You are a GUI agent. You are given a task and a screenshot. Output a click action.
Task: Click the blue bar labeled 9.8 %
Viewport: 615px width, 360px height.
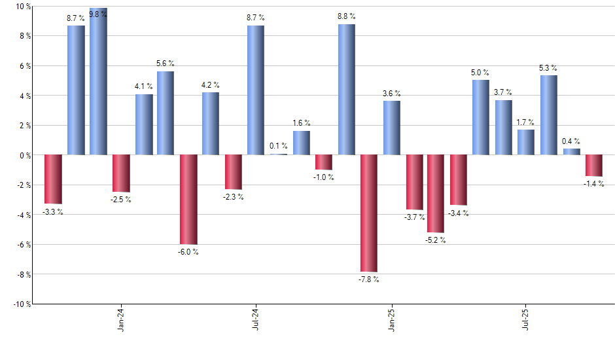point(98,82)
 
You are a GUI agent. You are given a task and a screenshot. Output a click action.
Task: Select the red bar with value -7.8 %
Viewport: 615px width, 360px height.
point(369,213)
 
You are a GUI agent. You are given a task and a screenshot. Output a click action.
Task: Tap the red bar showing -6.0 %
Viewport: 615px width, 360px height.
point(188,200)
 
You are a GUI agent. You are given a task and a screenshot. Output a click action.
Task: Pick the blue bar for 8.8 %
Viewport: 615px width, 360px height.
point(347,90)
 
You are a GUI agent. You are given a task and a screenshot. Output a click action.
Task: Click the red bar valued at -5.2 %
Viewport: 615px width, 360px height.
point(436,194)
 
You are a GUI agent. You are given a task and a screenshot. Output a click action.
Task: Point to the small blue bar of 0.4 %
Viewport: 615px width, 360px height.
point(572,152)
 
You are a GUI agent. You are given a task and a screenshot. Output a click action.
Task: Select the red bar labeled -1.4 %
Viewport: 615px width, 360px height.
point(594,166)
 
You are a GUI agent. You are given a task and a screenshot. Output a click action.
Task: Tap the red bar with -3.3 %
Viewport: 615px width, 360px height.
point(53,179)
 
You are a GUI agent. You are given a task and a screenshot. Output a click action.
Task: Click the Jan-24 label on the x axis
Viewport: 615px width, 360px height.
point(121,319)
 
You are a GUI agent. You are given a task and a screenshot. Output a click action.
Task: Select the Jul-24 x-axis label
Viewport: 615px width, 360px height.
point(256,319)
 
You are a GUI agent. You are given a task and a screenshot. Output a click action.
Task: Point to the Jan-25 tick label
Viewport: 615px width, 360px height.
point(392,319)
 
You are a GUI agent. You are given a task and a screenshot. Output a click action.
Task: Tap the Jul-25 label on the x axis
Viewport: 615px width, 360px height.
point(527,319)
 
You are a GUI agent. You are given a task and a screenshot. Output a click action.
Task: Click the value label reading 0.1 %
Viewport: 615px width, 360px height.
point(279,146)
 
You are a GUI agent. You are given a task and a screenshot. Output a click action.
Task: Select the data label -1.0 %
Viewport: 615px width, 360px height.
point(324,177)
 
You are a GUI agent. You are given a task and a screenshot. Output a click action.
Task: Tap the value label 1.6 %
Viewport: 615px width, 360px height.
point(302,123)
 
